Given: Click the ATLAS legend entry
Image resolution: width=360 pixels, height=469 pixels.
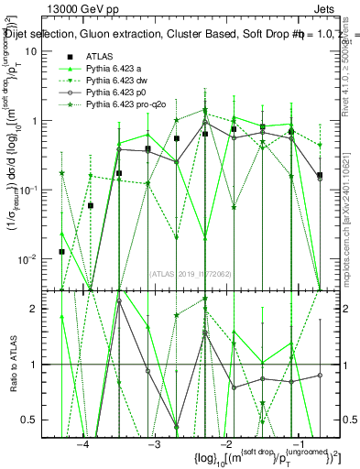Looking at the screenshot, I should click(99, 56).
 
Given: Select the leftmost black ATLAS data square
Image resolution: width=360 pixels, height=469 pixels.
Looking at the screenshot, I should click(61, 251).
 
